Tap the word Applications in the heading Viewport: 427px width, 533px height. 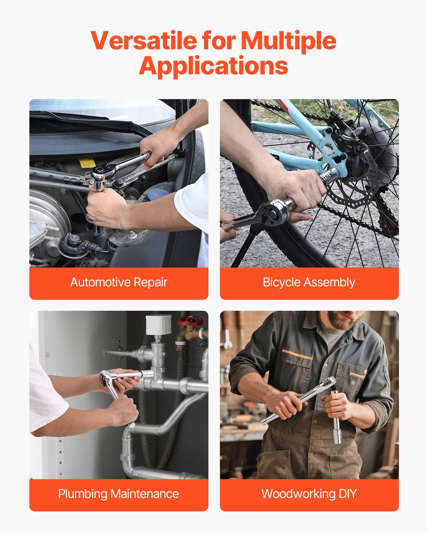click(213, 66)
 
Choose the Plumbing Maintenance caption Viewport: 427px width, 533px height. click(119, 494)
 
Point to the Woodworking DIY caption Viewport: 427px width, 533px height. click(309, 494)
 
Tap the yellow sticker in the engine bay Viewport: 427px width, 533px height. click(87, 162)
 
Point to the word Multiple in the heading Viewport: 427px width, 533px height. click(288, 41)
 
